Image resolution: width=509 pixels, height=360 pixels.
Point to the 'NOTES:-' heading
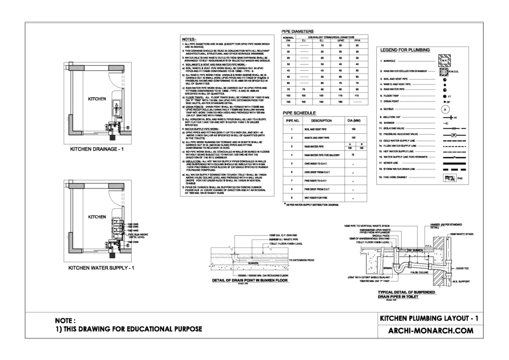point(189,39)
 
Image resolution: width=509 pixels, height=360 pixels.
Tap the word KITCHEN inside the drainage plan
point(96,99)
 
